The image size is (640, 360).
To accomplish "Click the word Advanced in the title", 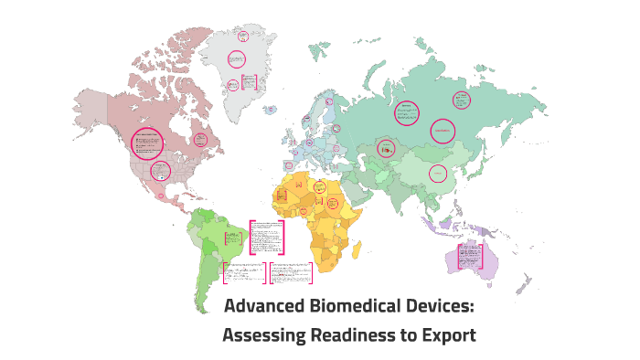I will click(264, 307).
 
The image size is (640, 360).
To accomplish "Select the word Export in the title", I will click(449, 334).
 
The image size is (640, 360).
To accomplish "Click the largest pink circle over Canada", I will click(146, 143).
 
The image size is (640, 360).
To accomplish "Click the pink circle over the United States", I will click(160, 170).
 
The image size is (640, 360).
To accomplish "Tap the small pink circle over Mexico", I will click(161, 196).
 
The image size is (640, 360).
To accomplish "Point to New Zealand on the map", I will click(524, 283).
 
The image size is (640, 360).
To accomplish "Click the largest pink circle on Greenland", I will click(236, 60).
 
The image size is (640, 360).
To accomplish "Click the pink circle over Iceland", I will click(272, 110).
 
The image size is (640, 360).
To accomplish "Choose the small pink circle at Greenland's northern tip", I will click(243, 37).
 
